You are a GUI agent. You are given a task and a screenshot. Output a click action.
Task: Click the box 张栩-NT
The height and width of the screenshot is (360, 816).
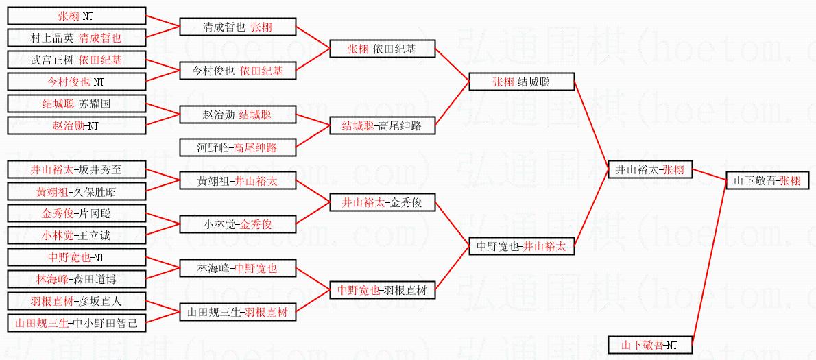pos(76,16)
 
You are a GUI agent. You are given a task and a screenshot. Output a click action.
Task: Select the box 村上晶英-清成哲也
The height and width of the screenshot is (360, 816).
pos(76,38)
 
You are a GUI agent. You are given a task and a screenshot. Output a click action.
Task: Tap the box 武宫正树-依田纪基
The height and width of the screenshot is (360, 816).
pos(76,60)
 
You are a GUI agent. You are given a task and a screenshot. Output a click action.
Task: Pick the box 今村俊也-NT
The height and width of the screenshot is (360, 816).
pos(76,82)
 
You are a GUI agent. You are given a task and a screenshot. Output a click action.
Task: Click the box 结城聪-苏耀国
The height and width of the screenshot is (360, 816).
pos(76,104)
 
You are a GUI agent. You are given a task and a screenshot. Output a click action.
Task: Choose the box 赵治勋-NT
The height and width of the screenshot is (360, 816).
pos(76,125)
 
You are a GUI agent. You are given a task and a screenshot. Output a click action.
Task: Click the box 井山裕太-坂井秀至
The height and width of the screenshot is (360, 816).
pos(76,169)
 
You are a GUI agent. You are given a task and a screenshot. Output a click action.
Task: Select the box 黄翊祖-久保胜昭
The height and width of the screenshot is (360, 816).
pos(76,191)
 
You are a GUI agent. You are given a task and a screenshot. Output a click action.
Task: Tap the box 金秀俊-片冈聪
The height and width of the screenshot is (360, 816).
pos(76,213)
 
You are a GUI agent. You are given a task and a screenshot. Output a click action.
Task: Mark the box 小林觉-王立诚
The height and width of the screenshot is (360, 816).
pos(76,235)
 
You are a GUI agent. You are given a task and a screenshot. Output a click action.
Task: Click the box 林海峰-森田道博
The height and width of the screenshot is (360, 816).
pos(76,279)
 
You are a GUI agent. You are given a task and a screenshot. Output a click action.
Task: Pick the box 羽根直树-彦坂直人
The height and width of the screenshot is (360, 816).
pos(76,300)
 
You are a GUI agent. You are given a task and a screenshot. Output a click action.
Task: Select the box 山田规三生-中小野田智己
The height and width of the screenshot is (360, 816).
pos(76,322)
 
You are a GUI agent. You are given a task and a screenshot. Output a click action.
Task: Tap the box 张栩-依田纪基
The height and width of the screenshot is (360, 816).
pos(381,49)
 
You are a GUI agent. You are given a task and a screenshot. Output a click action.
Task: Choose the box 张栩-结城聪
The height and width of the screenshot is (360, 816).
pos(521,82)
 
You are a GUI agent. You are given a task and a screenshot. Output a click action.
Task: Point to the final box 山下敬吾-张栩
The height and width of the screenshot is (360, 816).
pos(767,180)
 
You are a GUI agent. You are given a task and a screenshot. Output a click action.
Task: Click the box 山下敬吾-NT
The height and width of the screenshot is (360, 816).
pos(649,345)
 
